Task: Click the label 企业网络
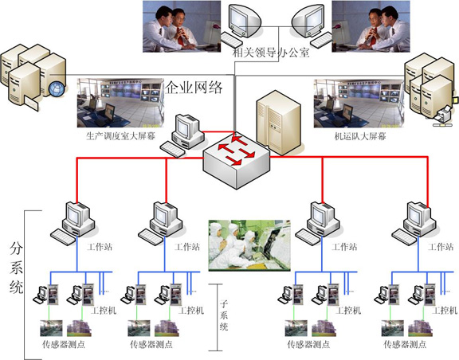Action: coord(194,88)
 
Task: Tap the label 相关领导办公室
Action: coord(271,53)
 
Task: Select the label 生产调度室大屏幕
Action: coord(120,136)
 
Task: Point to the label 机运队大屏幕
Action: coord(360,136)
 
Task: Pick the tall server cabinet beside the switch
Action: coord(278,123)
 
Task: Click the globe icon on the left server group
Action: coord(57,88)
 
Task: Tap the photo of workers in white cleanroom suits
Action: coord(249,245)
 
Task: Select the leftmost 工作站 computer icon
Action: coord(73,223)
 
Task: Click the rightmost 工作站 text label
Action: coord(440,247)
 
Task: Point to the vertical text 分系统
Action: coord(16,268)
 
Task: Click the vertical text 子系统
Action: coord(224,315)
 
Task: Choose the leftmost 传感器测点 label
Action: coord(64,344)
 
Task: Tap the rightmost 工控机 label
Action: coord(445,310)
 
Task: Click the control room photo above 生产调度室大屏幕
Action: coord(120,103)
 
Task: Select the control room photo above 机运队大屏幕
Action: coord(359,104)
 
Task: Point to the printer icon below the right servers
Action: coord(442,117)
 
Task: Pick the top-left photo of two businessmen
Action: coord(182,26)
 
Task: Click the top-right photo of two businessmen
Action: coord(371,26)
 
